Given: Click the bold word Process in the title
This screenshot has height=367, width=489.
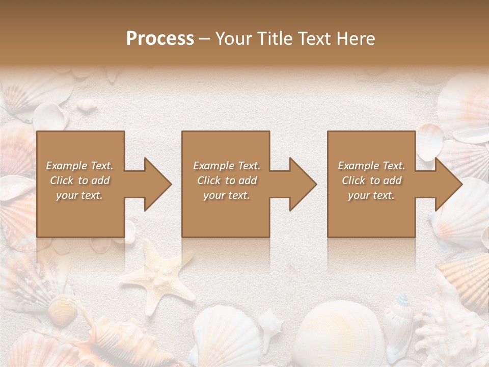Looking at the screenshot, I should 160,39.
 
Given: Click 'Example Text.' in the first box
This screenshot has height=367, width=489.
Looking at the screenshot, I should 80,166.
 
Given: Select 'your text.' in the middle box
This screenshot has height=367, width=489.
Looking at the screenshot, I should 227,196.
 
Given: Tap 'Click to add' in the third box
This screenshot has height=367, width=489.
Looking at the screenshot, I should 372,180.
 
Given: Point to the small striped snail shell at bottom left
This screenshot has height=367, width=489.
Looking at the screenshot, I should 61,306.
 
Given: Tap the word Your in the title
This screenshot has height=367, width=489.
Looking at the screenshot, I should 234,39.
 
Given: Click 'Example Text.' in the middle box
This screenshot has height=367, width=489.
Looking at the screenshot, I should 227,166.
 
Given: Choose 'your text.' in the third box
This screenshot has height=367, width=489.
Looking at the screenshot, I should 372,196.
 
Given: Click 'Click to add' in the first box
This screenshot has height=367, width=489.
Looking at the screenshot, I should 80,180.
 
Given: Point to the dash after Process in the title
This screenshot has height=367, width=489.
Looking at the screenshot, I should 204,39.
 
